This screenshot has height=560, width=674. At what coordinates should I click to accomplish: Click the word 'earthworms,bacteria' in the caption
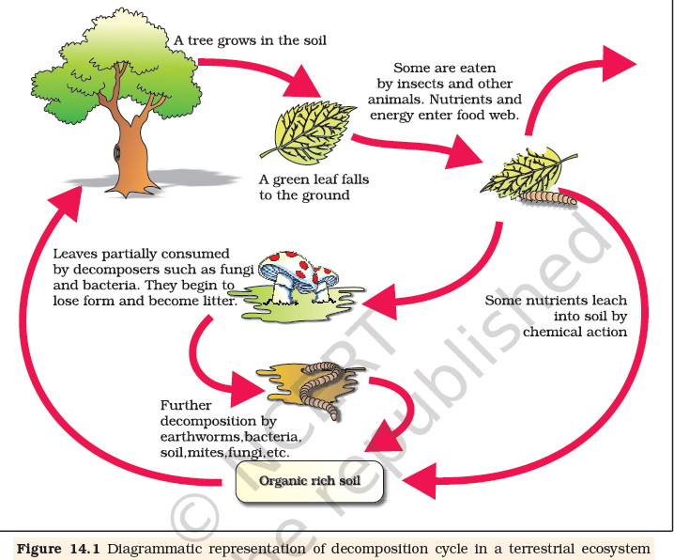(235, 438)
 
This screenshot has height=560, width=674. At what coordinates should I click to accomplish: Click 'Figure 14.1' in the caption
(60, 549)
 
